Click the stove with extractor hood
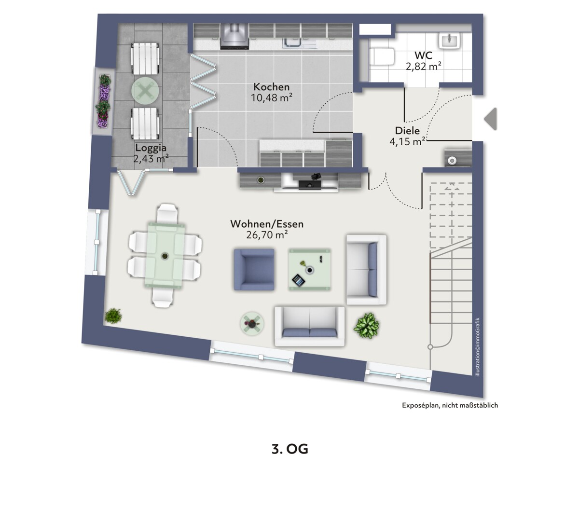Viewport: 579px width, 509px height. [234, 37]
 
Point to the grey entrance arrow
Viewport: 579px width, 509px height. [490, 119]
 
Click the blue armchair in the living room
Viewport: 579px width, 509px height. [254, 270]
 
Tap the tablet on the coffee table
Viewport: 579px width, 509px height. [298, 280]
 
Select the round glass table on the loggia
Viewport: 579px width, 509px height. [145, 91]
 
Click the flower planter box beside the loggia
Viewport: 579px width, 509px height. [103, 101]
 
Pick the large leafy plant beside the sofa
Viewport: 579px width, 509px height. [366, 326]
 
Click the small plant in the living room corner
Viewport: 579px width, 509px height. [113, 316]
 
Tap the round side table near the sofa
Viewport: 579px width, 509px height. [252, 324]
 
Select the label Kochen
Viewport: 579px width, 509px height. [271, 86]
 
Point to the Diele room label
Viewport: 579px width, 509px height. [407, 131]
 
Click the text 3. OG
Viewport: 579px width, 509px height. [289, 449]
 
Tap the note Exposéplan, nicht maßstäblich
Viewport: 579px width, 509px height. [450, 405]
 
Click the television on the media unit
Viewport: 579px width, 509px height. [310, 185]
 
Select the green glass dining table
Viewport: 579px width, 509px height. [165, 256]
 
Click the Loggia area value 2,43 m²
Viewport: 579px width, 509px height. [151, 159]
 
